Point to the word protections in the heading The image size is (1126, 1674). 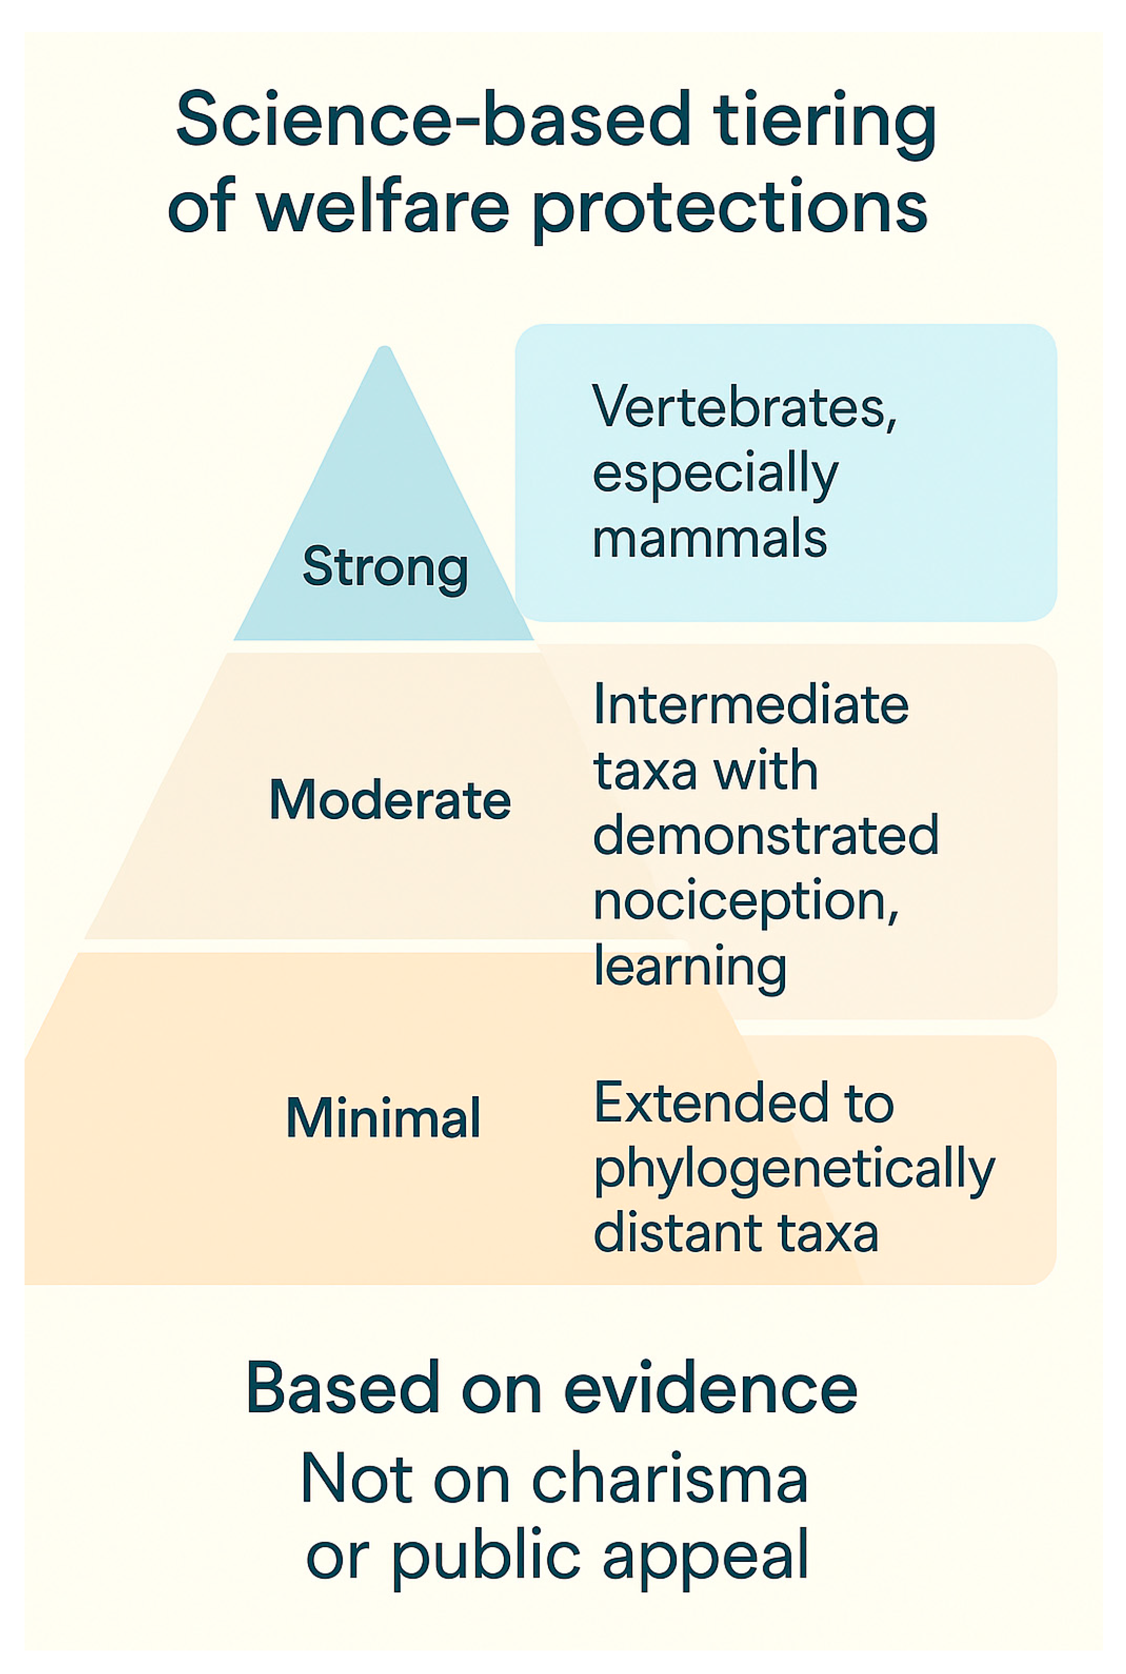[731, 210]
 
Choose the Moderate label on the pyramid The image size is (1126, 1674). [390, 800]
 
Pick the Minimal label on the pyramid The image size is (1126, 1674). [383, 1118]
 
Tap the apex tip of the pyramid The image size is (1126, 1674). [385, 351]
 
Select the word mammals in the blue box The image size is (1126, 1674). [710, 539]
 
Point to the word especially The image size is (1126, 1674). [715, 475]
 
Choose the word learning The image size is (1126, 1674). [690, 968]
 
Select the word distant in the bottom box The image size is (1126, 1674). [679, 1233]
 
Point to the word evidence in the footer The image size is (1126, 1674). [711, 1388]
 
